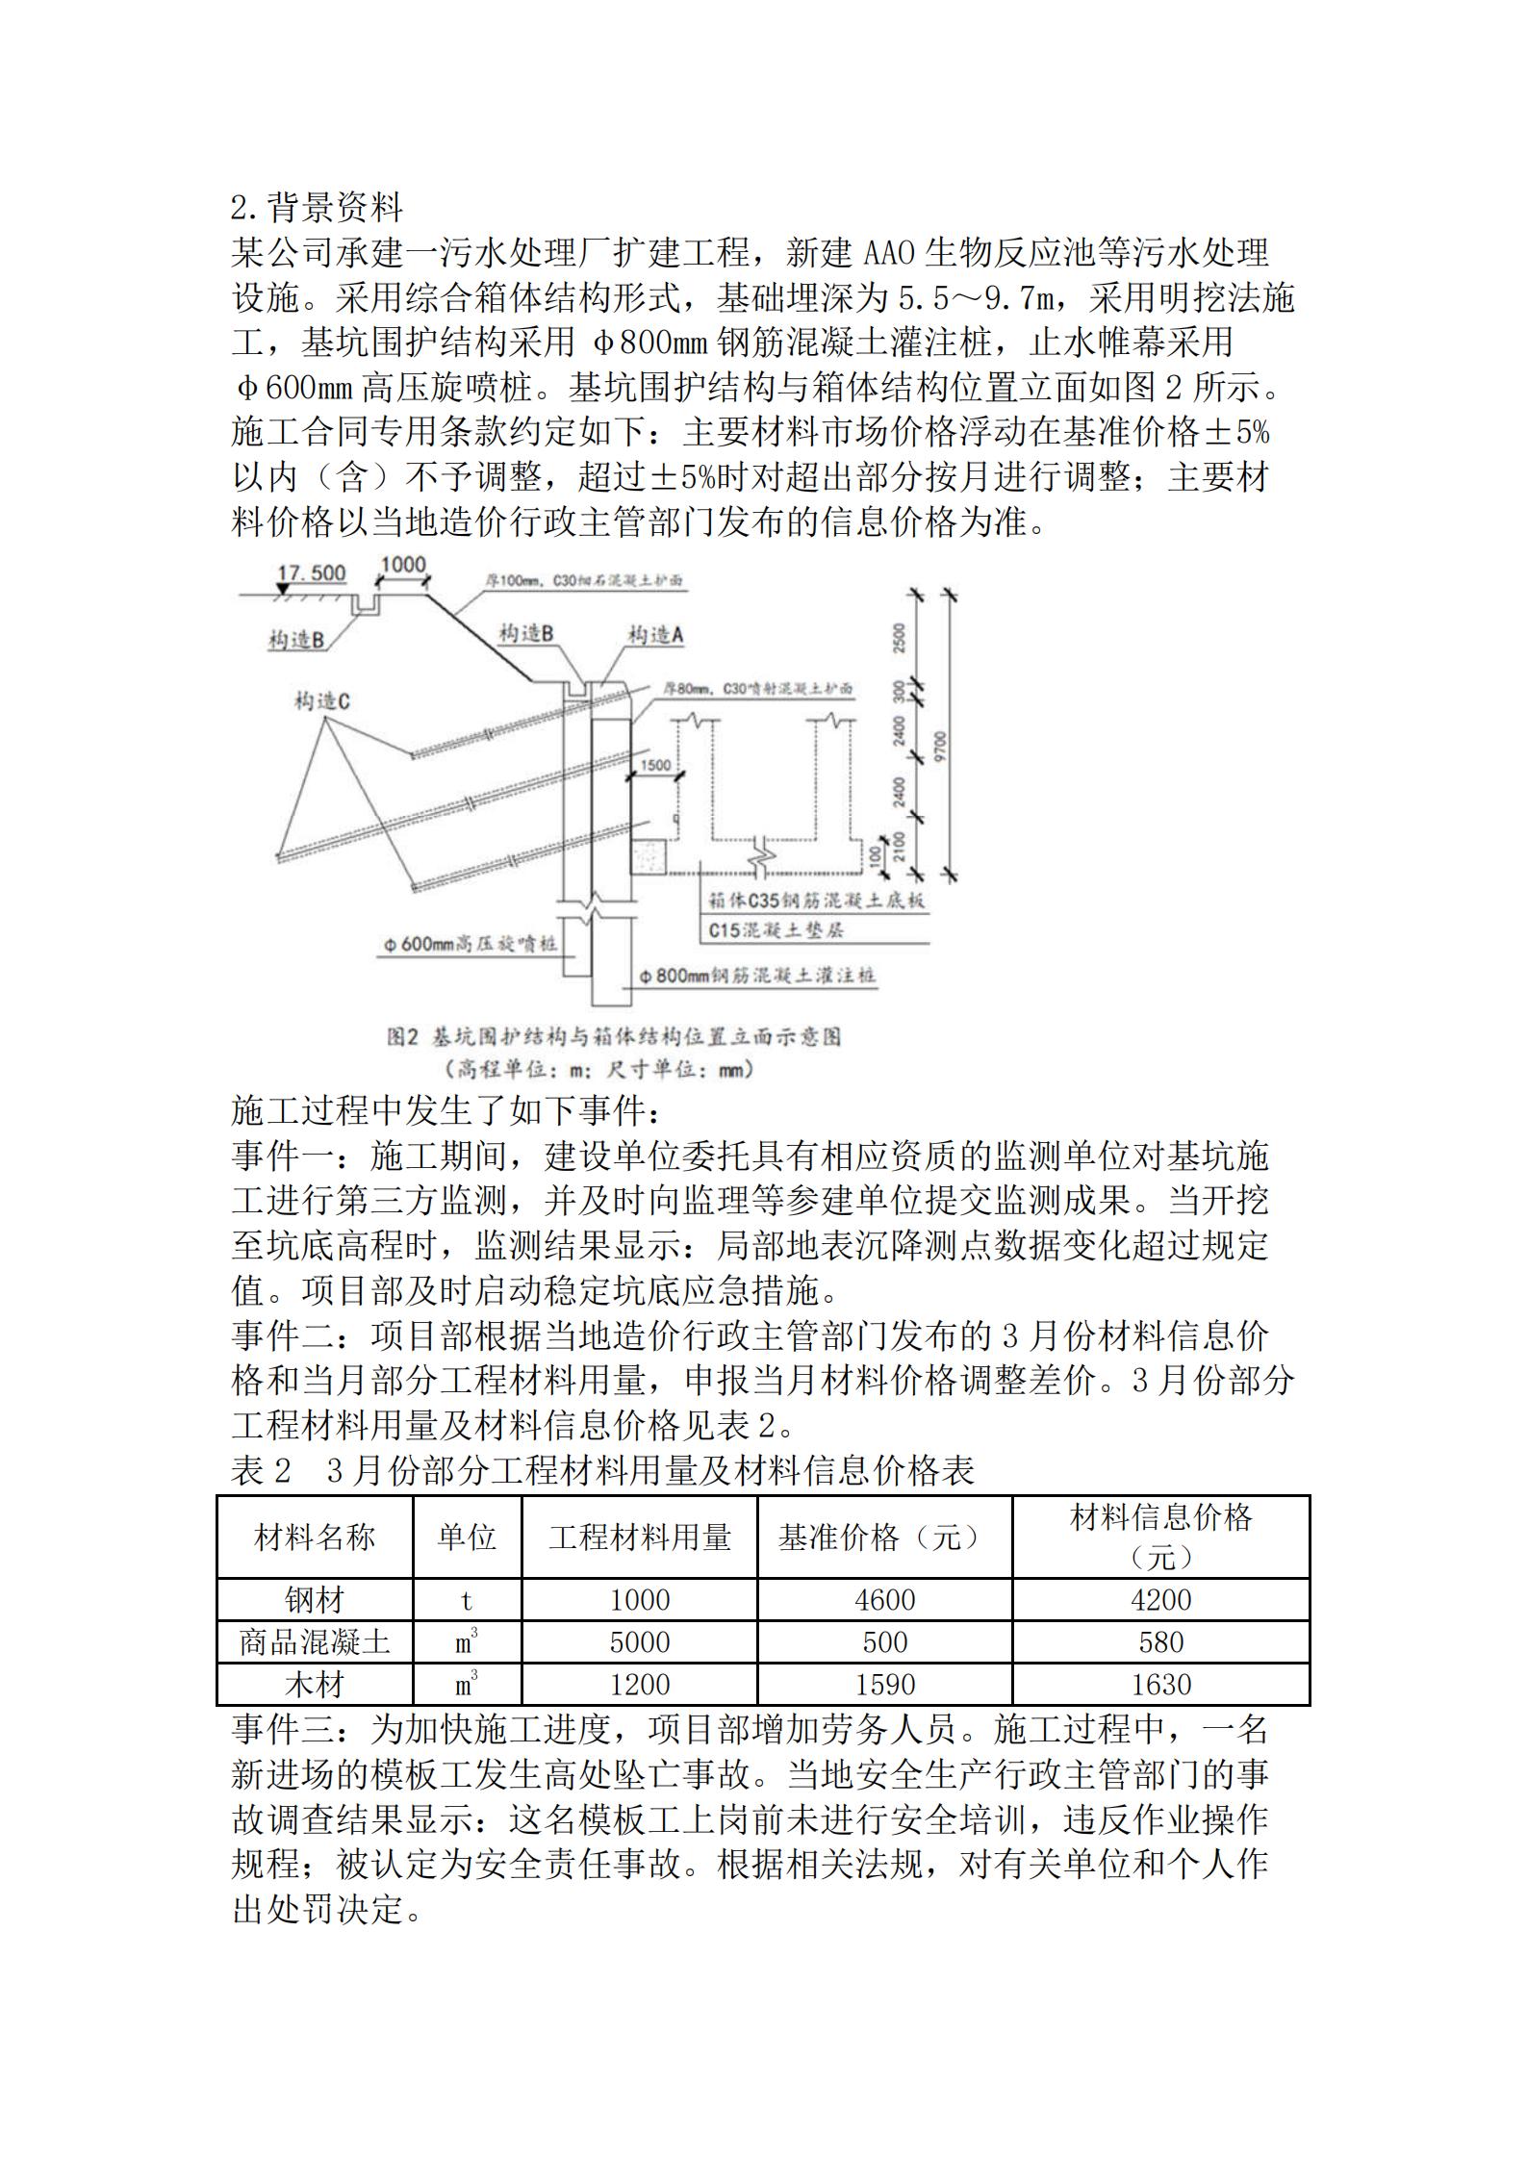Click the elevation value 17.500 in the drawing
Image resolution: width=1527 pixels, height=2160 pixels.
point(311,573)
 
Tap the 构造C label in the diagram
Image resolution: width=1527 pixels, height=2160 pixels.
point(321,702)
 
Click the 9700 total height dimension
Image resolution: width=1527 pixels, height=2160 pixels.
point(940,747)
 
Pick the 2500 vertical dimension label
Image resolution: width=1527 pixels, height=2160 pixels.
point(900,638)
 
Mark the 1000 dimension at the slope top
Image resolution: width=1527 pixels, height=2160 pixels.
point(402,565)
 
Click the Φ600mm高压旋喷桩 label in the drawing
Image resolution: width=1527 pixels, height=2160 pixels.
point(470,945)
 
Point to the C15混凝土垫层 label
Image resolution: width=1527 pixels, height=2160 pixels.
point(776,930)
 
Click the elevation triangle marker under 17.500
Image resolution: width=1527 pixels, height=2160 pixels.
point(282,589)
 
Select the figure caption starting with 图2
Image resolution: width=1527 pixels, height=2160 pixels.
point(614,1036)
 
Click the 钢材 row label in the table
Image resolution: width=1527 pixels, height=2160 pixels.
point(314,1600)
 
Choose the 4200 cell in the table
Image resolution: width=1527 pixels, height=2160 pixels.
point(1160,1600)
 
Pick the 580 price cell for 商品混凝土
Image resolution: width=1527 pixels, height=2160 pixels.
point(1160,1642)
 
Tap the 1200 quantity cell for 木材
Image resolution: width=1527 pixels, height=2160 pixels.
point(639,1685)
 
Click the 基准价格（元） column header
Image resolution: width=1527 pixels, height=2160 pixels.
point(883,1537)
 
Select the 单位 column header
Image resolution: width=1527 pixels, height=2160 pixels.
point(467,1537)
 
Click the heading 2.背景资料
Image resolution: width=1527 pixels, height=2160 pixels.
point(318,207)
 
